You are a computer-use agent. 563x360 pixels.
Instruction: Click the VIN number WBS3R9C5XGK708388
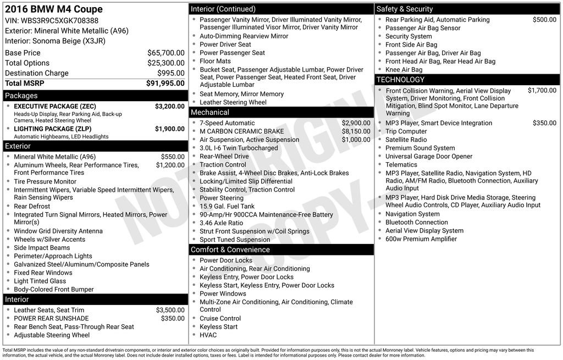tap(60, 21)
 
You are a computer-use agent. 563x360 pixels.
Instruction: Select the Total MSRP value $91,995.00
tap(165, 84)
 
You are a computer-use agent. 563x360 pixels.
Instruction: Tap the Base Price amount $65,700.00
tap(165, 53)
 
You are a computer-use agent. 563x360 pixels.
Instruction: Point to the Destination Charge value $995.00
tap(170, 73)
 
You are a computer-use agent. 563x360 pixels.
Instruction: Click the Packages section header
tap(22, 96)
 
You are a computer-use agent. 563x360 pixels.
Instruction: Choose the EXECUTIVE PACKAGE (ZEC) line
tap(55, 106)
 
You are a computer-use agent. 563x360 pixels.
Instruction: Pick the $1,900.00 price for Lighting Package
tap(169, 129)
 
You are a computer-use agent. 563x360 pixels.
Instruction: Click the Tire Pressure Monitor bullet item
tap(45, 181)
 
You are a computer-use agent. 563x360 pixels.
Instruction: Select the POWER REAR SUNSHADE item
tap(51, 318)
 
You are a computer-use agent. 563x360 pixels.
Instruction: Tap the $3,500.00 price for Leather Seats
tap(170, 310)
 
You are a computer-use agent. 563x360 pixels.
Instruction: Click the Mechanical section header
tap(210, 112)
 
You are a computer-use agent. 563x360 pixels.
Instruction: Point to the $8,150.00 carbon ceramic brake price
tap(356, 131)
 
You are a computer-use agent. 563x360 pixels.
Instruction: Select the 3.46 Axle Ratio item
tap(221, 223)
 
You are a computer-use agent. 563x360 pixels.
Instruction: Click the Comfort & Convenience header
tap(230, 250)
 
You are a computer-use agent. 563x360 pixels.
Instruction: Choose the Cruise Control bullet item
tap(220, 318)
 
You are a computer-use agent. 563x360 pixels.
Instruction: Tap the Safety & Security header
tap(405, 9)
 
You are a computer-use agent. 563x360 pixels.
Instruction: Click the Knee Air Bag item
tap(404, 70)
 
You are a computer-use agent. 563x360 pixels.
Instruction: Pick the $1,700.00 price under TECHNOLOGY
tap(542, 91)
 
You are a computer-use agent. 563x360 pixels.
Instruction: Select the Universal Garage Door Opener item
tap(429, 156)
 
